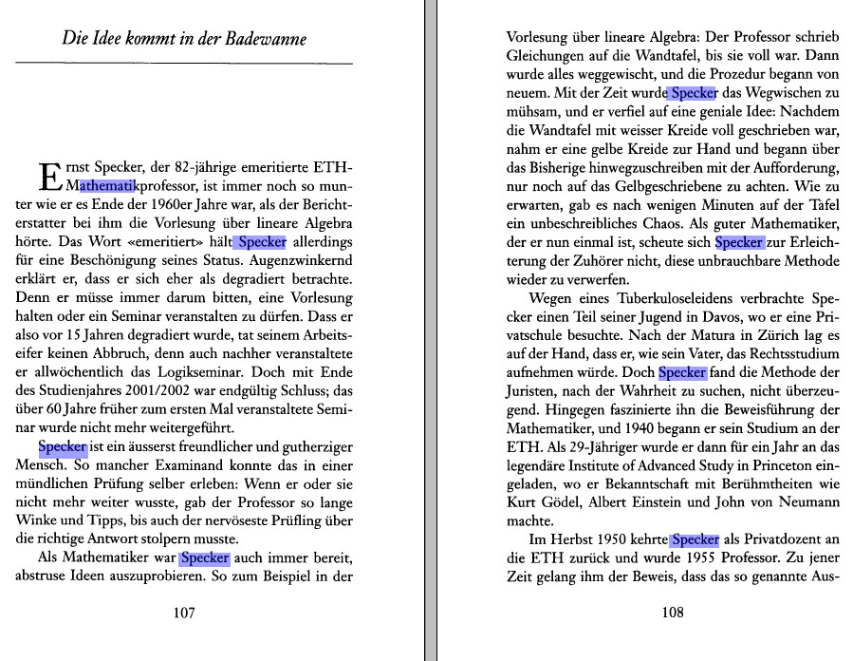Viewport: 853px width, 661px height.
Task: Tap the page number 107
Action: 184,613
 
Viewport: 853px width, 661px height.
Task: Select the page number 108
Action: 672,613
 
